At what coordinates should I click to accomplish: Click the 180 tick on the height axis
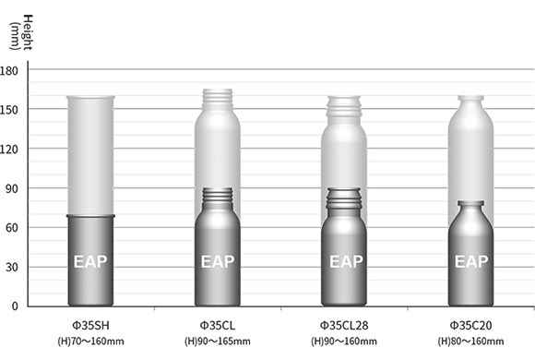(x=9, y=71)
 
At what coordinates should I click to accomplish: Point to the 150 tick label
(x=9, y=110)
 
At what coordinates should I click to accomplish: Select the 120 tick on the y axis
(x=9, y=150)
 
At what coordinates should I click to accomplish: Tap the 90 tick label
(x=12, y=188)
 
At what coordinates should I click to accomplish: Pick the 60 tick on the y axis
(x=12, y=228)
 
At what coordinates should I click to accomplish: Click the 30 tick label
(x=12, y=267)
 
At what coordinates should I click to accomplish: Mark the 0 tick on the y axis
(x=15, y=306)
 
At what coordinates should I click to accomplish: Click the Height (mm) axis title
(x=21, y=32)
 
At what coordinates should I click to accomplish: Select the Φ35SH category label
(x=90, y=326)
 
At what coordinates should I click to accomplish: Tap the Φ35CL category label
(x=218, y=326)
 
